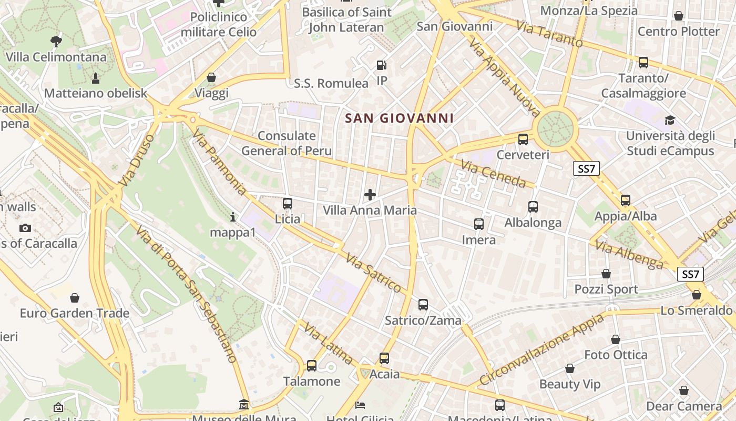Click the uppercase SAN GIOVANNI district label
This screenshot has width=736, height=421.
coord(400,118)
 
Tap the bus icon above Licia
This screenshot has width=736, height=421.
coord(287,204)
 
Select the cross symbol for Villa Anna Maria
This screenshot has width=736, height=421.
coord(370,195)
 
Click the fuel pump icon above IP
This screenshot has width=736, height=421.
coord(382,66)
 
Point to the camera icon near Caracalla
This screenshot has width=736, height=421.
coord(25,228)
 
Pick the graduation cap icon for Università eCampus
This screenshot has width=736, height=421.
coord(670,121)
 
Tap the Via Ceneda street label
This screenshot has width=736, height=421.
coord(493,174)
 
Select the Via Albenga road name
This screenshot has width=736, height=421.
coord(629,255)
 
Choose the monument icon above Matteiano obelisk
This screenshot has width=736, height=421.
coord(96,78)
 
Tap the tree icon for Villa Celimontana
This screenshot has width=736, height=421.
coord(56,41)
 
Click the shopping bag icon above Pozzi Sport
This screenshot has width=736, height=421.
coord(606,274)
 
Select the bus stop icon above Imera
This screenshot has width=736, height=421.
coord(478,224)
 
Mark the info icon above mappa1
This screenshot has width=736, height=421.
coord(233,216)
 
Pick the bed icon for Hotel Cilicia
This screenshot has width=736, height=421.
coord(360,405)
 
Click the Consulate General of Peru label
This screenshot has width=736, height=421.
coord(287,143)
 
